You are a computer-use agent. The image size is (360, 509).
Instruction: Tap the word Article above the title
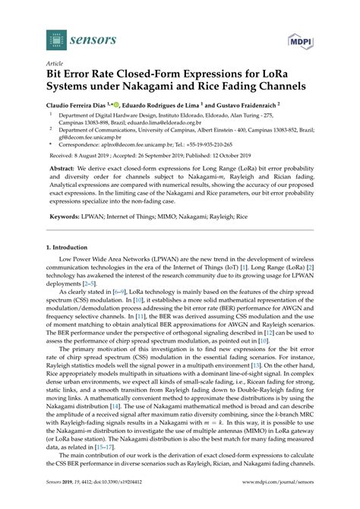tap(54, 65)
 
